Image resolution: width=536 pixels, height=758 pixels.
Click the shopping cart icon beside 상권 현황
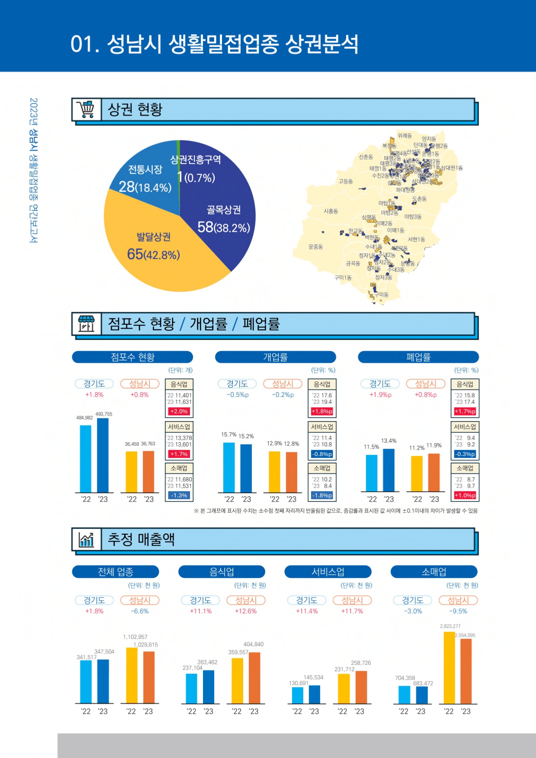click(x=86, y=110)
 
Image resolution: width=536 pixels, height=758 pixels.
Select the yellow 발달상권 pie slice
click(x=164, y=255)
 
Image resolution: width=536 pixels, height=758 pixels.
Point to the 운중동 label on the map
click(x=316, y=247)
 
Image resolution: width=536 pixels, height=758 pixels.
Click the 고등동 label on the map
click(x=346, y=181)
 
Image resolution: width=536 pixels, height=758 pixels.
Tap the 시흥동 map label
click(x=331, y=211)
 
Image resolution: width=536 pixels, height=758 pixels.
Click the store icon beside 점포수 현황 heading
click(x=86, y=324)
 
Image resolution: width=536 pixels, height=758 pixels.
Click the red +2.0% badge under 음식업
click(x=179, y=412)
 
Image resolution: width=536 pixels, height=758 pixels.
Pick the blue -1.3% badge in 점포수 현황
click(x=179, y=495)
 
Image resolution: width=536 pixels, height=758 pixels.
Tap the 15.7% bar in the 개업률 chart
click(x=229, y=467)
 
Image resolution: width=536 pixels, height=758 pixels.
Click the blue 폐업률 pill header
click(x=418, y=357)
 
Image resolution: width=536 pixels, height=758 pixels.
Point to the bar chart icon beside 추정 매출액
click(x=86, y=539)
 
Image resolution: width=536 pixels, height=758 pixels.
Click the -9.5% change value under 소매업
click(x=458, y=611)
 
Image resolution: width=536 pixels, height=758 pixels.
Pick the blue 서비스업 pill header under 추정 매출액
click(x=328, y=572)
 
